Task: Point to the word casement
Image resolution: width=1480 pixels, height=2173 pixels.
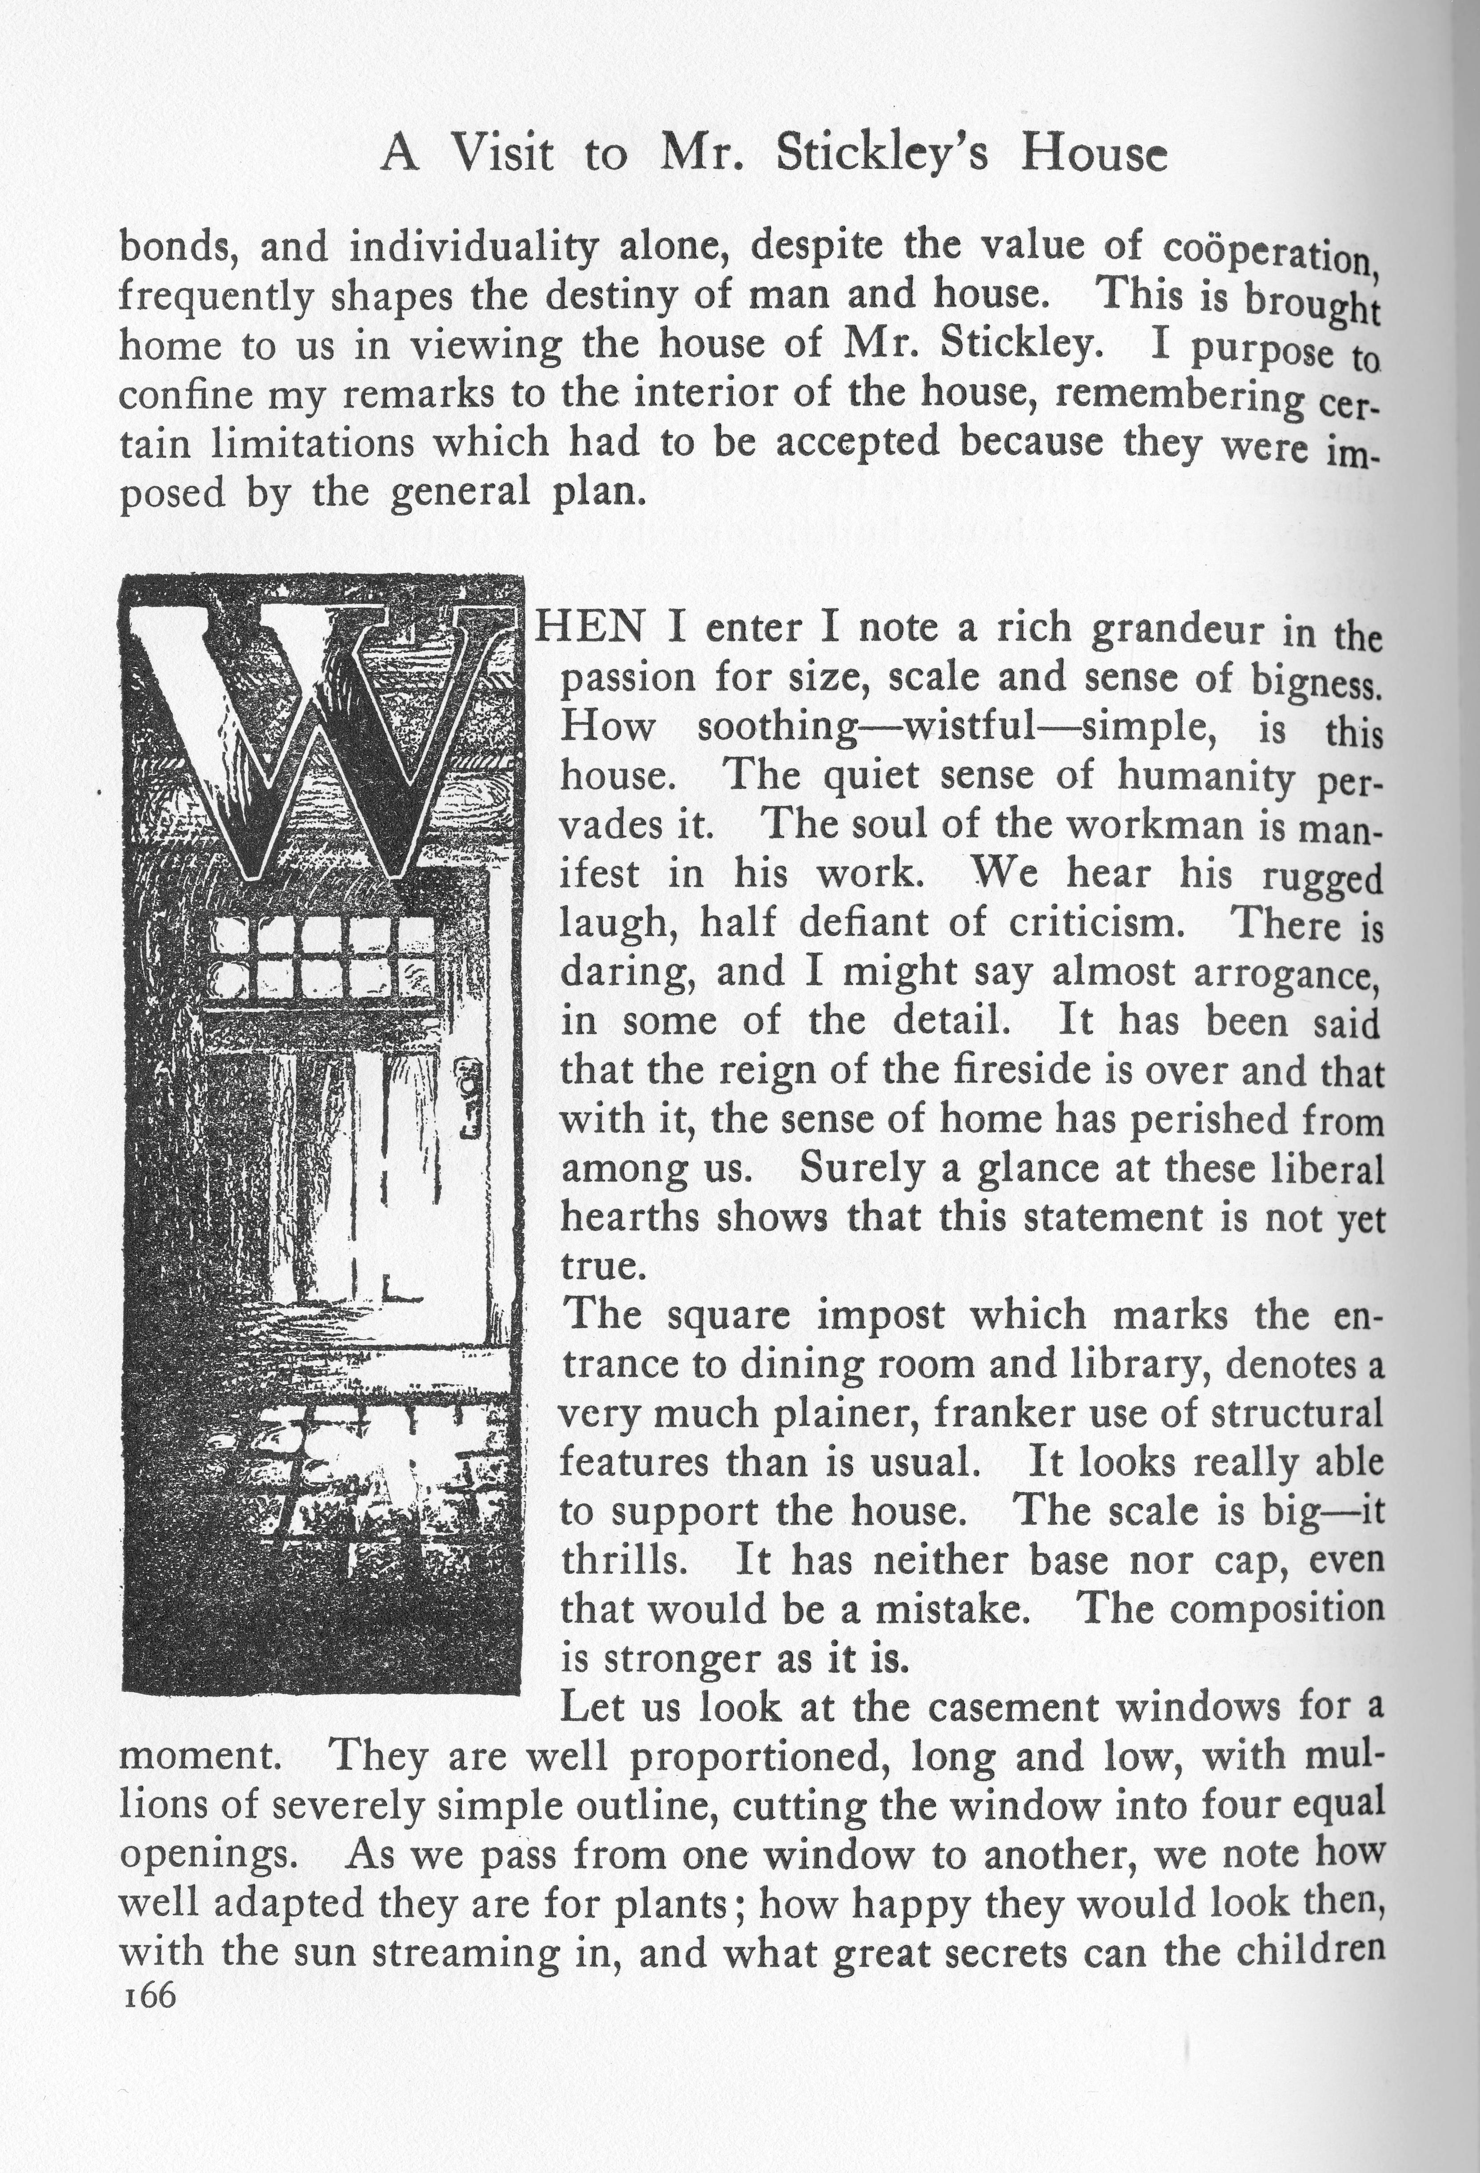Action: [x=1015, y=1707]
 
